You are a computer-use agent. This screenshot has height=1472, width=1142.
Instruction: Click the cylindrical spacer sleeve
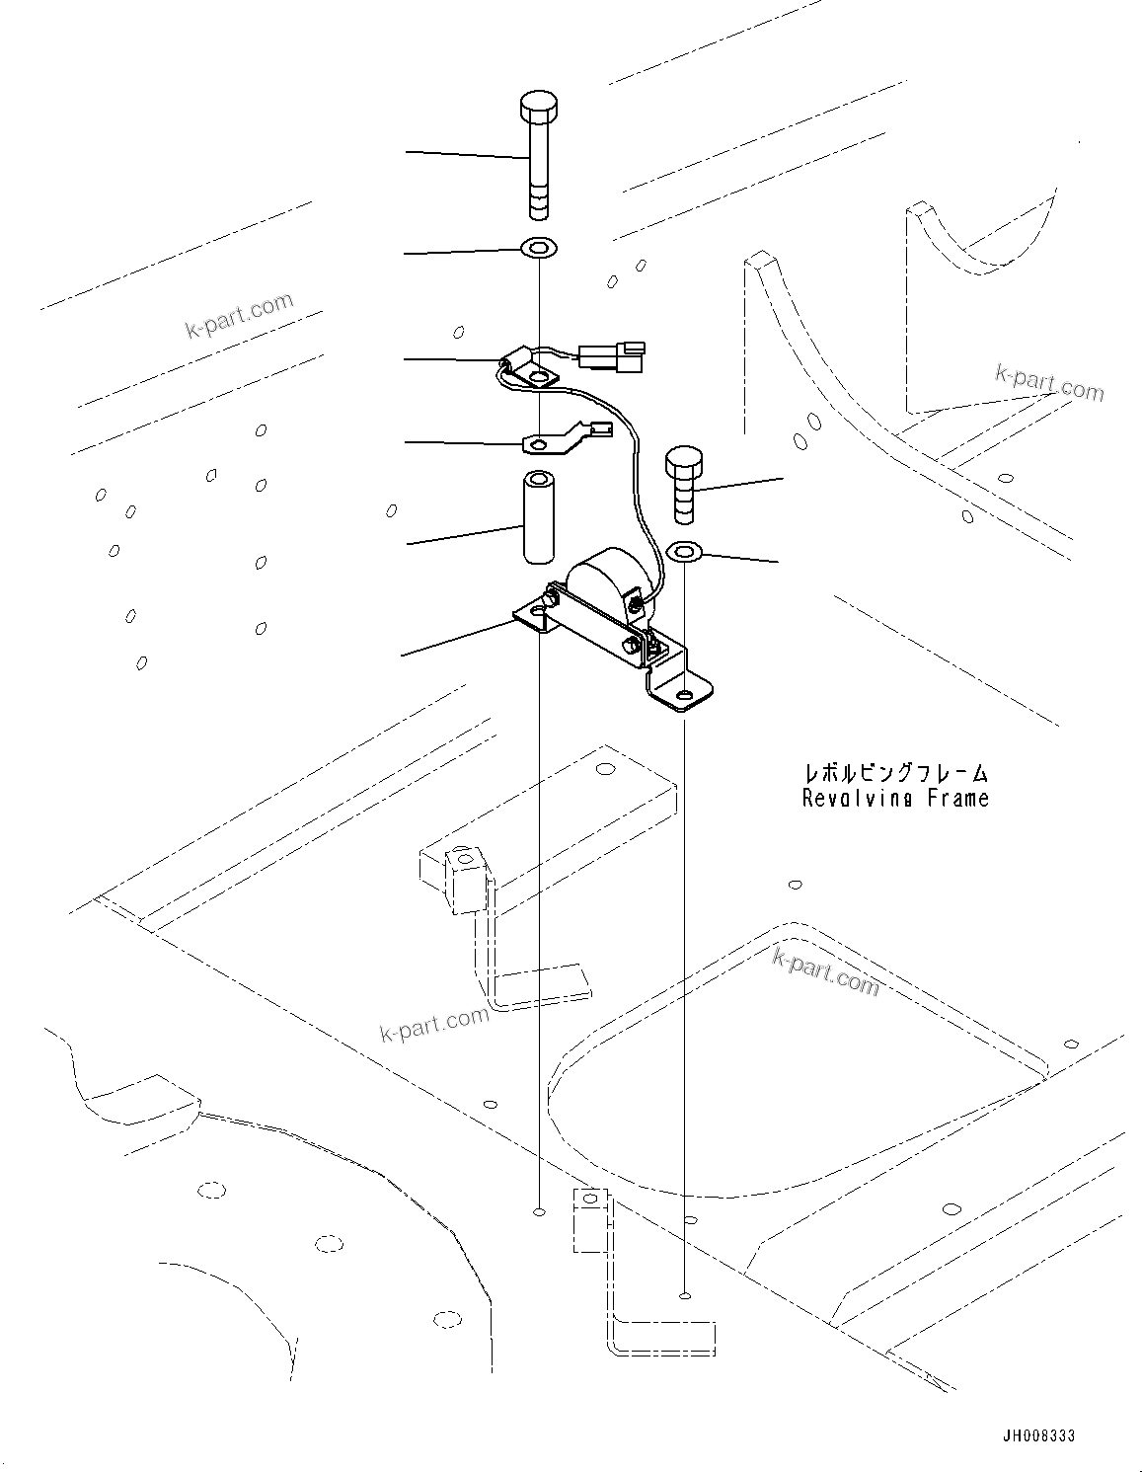click(539, 519)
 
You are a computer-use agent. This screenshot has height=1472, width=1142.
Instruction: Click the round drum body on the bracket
click(601, 584)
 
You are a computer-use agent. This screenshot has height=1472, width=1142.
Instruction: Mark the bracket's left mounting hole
click(537, 615)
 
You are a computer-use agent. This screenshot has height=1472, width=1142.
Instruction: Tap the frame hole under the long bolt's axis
click(539, 1210)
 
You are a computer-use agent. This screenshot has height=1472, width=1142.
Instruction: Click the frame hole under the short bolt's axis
click(684, 1295)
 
